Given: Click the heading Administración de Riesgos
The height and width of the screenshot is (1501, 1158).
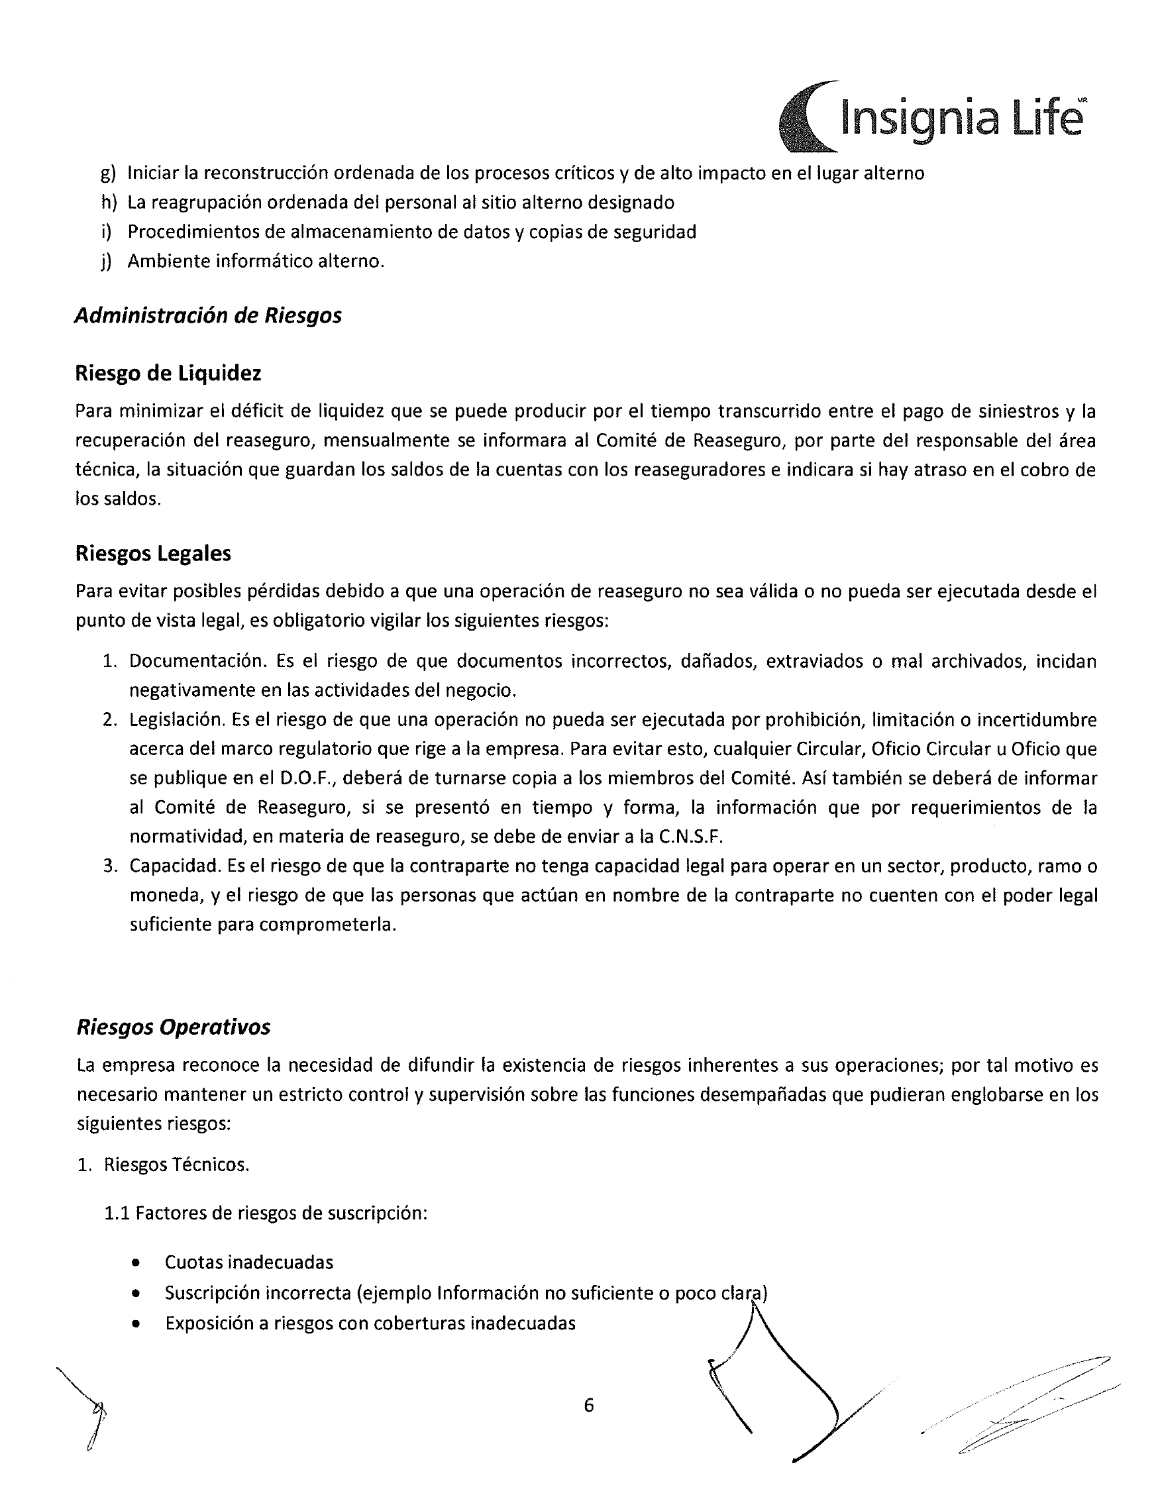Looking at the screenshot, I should (208, 315).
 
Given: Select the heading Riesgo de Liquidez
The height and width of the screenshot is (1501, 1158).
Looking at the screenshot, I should (168, 373).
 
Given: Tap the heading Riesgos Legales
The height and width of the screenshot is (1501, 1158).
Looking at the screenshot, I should (153, 553).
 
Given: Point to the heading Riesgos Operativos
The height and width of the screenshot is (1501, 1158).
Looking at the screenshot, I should (173, 1027).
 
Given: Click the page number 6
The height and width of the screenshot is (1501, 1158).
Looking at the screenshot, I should (589, 1406).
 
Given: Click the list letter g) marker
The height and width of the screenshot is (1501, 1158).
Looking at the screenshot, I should (108, 173).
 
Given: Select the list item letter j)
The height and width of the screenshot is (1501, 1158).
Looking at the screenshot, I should (107, 262).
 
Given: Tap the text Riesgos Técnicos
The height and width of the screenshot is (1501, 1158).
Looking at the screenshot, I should (177, 1165).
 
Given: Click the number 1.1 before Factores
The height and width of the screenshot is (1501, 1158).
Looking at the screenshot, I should (117, 1213).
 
